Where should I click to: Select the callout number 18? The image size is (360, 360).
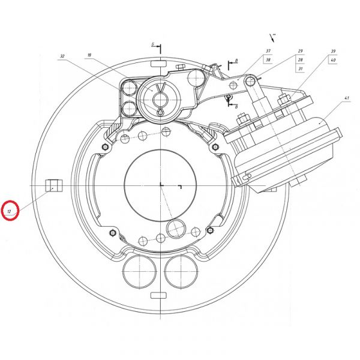coord(89,55)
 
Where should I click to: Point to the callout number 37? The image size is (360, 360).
coord(268,51)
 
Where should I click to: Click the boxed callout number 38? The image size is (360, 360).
coord(268,60)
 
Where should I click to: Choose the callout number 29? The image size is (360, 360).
coord(299,51)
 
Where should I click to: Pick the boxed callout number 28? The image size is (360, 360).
coord(299,60)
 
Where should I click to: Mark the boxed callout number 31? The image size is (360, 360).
coord(299,69)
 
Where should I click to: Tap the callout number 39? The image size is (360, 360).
coord(332,51)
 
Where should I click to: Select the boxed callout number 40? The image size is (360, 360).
coord(332,60)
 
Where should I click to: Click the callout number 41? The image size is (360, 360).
coord(346,98)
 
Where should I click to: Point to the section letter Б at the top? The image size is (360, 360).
coord(154,45)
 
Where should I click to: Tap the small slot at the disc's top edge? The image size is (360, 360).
coord(160,62)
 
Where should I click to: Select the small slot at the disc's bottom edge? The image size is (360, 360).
coord(160,294)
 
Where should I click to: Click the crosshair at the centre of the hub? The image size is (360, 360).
coord(161,184)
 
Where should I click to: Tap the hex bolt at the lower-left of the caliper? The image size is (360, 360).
coord(112,232)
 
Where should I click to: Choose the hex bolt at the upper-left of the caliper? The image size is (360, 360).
coord(106,146)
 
